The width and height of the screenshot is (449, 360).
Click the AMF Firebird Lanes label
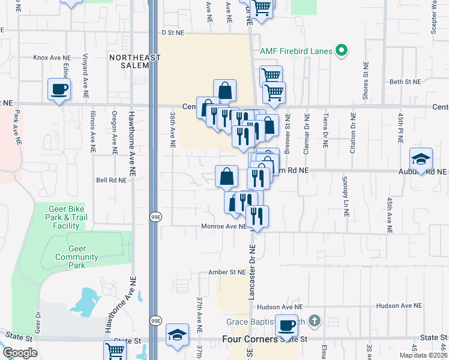tap(296, 51)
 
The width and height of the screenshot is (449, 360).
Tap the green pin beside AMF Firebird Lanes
tap(342, 50)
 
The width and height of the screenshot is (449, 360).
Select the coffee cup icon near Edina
tap(59, 90)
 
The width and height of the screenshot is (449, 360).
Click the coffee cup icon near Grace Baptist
tap(287, 326)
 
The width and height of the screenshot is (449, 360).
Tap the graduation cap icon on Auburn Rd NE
tap(421, 160)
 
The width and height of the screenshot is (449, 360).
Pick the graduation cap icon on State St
tap(178, 335)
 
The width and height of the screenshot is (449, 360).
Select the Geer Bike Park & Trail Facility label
tap(66, 217)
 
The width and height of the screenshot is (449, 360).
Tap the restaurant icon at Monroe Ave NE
tap(257, 217)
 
